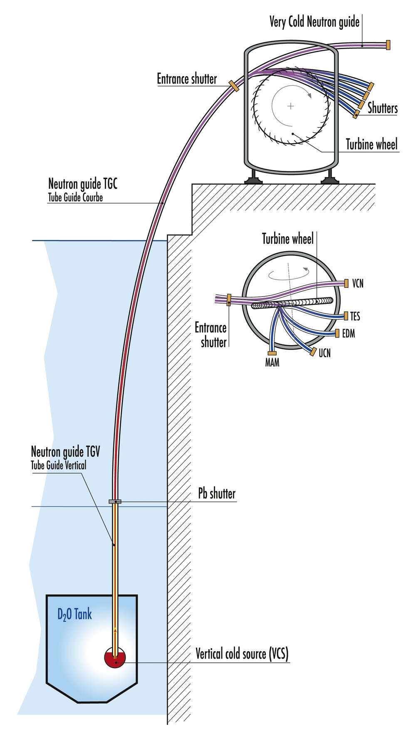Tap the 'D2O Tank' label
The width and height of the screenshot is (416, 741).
point(74,614)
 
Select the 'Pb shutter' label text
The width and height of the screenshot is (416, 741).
point(216,494)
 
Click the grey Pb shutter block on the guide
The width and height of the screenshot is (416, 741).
point(115,501)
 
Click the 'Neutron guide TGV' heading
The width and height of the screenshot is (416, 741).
point(65,452)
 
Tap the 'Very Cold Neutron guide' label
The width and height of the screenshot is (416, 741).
point(314,22)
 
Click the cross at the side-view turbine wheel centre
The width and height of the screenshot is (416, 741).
point(290,106)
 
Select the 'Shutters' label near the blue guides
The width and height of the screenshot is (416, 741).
point(382,108)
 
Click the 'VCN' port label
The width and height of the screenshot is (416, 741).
point(358,284)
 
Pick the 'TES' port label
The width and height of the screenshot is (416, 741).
point(355,316)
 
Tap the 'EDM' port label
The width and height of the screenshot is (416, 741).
point(348,333)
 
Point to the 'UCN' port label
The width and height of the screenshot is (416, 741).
point(324,353)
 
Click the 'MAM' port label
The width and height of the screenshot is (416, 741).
point(272,363)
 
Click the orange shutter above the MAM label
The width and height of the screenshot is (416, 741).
point(272,353)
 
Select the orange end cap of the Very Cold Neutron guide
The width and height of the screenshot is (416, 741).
point(388,45)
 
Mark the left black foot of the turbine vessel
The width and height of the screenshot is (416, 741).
point(253,180)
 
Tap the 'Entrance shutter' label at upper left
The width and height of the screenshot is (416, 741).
point(187,79)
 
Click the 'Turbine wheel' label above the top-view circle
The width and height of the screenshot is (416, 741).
point(287,239)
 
